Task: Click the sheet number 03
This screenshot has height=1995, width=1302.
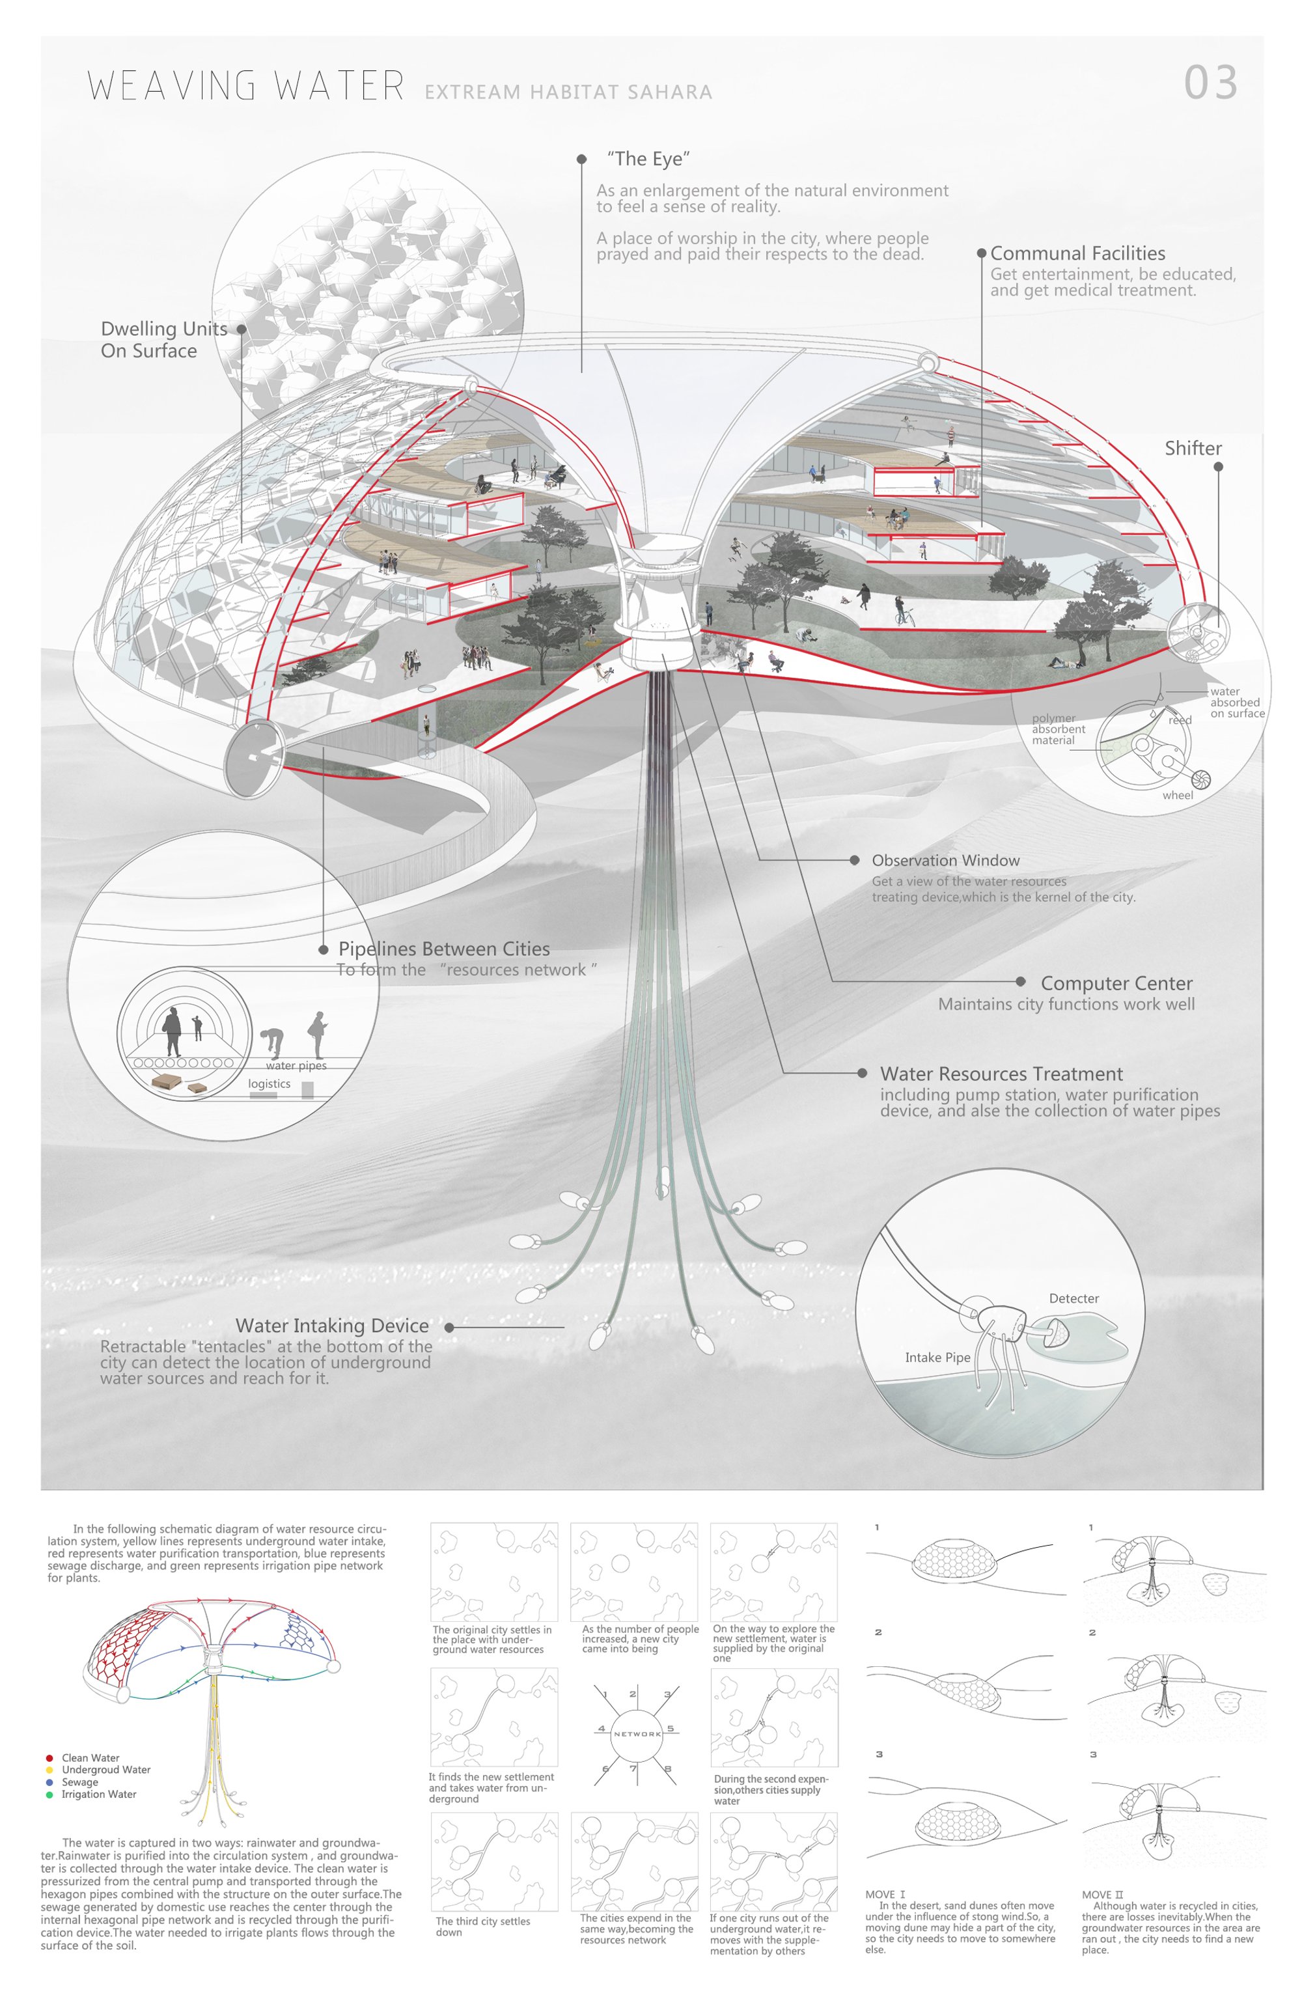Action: [x=1210, y=82]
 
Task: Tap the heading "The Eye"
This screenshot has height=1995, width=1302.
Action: [x=648, y=158]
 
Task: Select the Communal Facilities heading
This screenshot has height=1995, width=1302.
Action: [x=1077, y=253]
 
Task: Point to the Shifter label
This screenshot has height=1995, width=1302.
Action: [x=1193, y=449]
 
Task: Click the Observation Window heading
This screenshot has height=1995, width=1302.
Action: [x=946, y=860]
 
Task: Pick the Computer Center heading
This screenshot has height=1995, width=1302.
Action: [x=1116, y=983]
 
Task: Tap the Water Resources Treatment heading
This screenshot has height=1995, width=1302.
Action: [x=1001, y=1074]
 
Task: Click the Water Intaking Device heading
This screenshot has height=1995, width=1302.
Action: [x=332, y=1325]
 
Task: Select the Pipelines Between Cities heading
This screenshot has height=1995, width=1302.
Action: [x=444, y=949]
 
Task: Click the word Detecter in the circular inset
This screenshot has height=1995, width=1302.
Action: [x=1074, y=1298]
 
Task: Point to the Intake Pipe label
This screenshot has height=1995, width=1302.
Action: [x=937, y=1357]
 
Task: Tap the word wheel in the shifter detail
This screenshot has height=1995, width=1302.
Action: [x=1177, y=794]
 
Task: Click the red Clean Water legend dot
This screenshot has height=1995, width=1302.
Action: [x=49, y=1758]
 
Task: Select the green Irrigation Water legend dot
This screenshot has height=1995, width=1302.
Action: [x=49, y=1794]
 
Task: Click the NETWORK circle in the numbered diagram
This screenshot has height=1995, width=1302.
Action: [x=637, y=1733]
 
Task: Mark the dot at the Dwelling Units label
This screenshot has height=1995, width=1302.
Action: [x=242, y=329]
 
